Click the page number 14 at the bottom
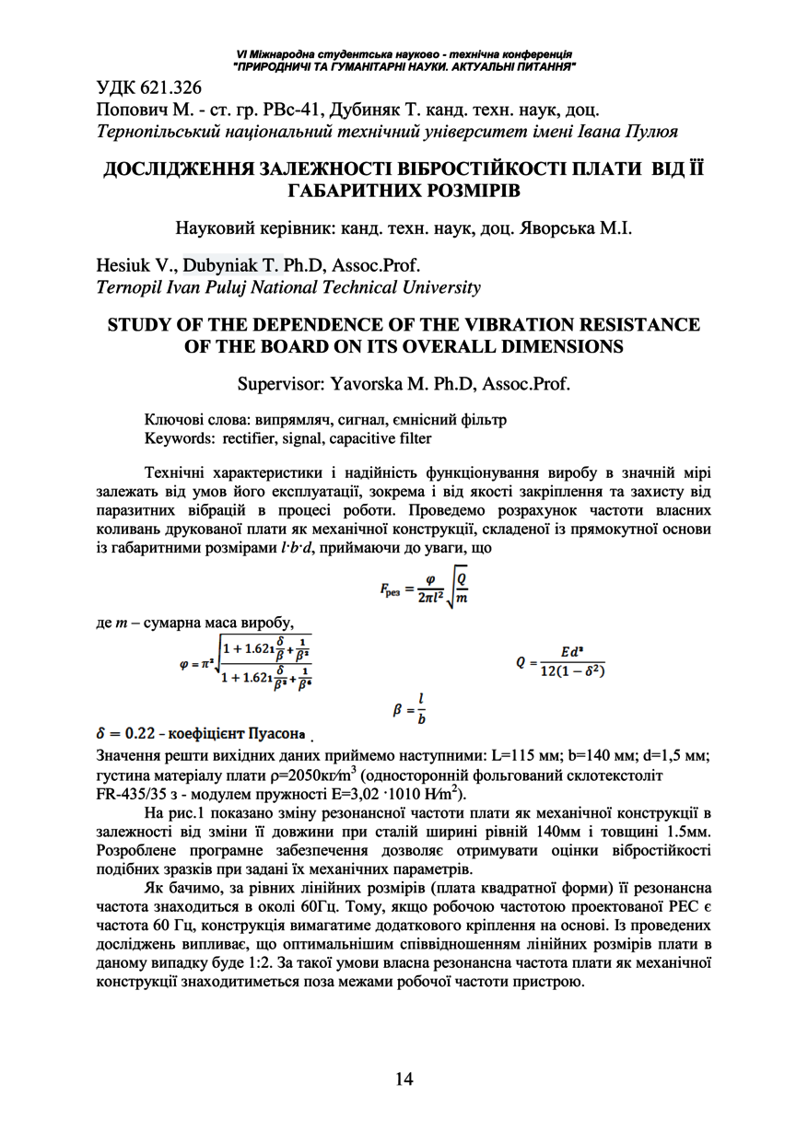pos(404,1078)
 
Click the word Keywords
pos(180,437)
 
